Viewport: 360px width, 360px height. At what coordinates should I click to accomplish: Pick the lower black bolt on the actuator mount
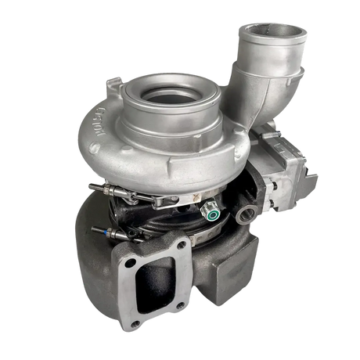[265, 205]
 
